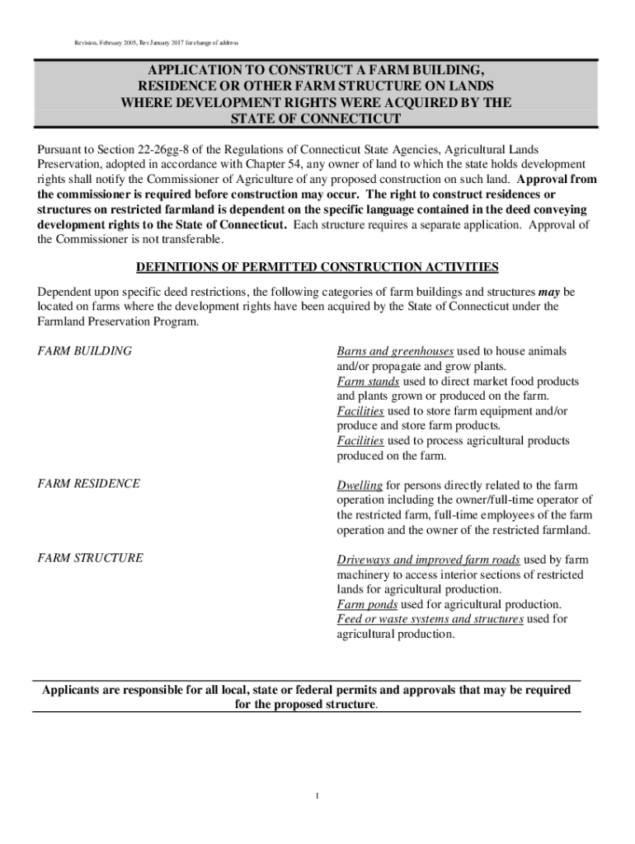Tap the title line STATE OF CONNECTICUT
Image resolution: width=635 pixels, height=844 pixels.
316,120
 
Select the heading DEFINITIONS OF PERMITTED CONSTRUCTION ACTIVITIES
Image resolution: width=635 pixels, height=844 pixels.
317,267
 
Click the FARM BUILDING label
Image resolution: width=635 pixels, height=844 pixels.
85,351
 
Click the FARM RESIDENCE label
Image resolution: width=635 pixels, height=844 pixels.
89,484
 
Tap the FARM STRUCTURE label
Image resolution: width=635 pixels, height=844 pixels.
91,558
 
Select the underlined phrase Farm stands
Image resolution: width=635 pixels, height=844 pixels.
369,382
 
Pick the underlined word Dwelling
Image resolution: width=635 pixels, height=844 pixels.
360,485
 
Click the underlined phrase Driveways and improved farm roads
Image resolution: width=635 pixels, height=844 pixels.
428,560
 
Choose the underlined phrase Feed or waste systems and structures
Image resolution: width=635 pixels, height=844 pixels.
430,619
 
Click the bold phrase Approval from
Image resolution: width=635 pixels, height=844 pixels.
561,179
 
